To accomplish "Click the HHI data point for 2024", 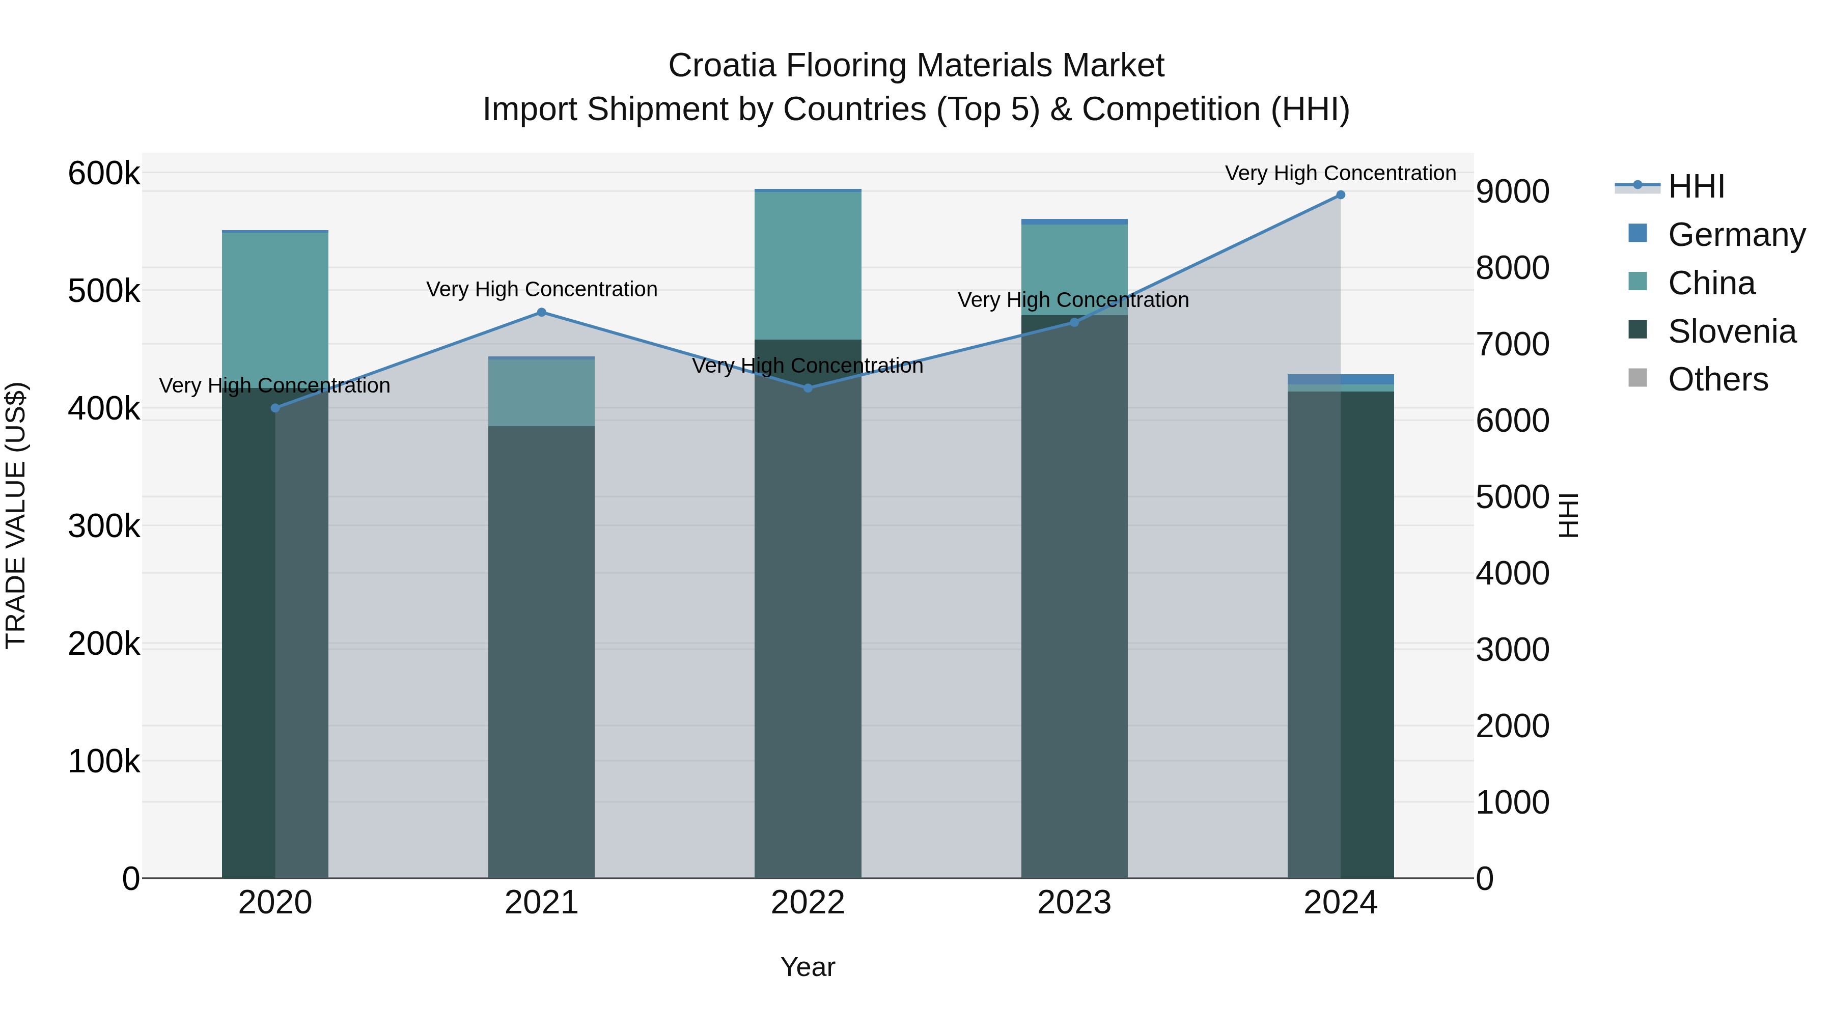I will (x=1341, y=195).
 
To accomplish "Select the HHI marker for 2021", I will (x=542, y=313).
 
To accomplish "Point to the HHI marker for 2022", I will (x=808, y=388).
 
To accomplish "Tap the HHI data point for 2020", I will (x=275, y=408).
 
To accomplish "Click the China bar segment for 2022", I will (x=808, y=265).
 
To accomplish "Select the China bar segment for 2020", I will (x=275, y=310).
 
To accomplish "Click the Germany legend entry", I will (x=1736, y=235).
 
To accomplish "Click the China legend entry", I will (x=1711, y=283).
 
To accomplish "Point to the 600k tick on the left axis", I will (x=104, y=174).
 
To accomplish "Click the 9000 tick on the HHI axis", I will (x=1512, y=191).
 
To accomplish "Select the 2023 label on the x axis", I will (x=1074, y=903).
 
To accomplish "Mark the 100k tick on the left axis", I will (x=104, y=761).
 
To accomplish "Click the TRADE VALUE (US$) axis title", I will (x=16, y=515).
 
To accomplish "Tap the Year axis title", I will (x=808, y=967).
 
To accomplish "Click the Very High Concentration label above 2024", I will (x=1341, y=173).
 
